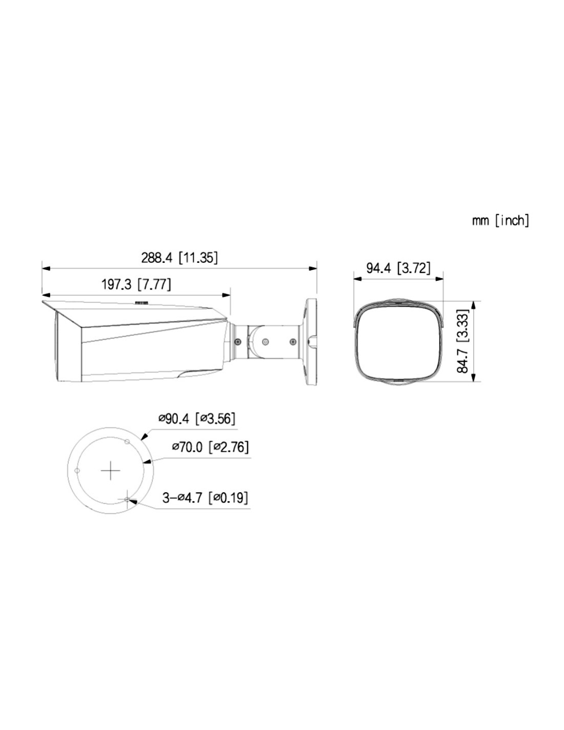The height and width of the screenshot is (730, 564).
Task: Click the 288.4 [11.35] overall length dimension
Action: click(x=179, y=258)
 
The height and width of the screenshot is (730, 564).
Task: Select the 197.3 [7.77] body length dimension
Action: click(x=136, y=284)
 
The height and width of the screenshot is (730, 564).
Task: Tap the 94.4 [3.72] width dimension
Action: click(x=398, y=268)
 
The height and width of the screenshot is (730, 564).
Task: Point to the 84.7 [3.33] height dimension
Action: click(x=463, y=341)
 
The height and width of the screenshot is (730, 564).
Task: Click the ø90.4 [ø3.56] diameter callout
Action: click(x=197, y=418)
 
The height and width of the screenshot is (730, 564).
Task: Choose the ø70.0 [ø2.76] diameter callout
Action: click(x=210, y=447)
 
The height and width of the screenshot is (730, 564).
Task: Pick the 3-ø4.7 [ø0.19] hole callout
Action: click(x=205, y=497)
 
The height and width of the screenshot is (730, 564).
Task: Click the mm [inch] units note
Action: click(x=500, y=221)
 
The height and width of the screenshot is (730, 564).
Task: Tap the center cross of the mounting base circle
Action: click(x=110, y=471)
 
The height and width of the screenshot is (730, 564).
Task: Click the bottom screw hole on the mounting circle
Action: click(x=127, y=500)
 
